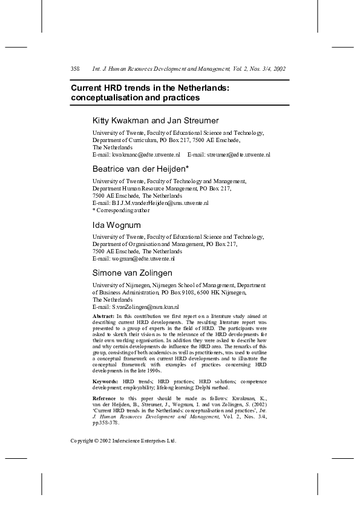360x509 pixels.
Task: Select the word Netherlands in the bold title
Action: point(201,88)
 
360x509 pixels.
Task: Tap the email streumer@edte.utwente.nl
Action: point(238,155)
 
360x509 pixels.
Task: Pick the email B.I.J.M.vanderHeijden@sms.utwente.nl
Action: point(160,203)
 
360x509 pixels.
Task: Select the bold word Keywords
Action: point(105,381)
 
